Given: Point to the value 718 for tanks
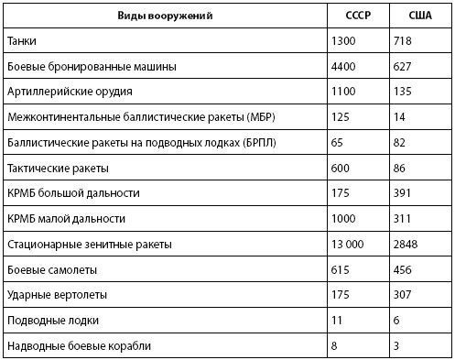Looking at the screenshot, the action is (x=406, y=42).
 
